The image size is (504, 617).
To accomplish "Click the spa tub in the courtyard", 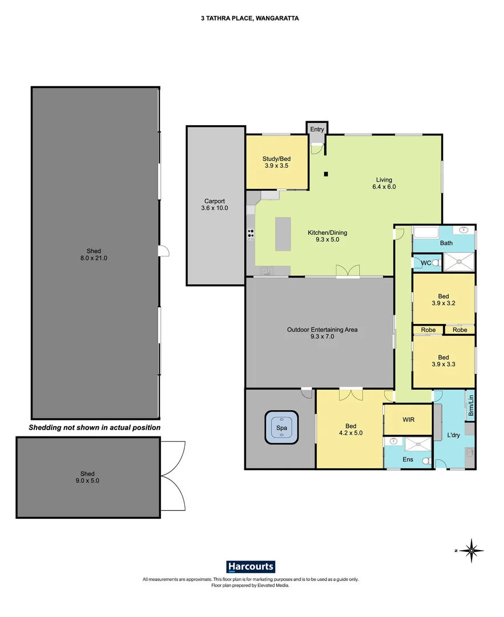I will tap(281, 427).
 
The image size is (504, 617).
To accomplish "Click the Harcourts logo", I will tap(251, 567).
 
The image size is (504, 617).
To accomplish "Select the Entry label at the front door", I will tap(317, 130).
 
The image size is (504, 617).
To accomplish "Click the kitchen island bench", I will tap(284, 234).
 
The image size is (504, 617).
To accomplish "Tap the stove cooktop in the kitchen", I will tap(251, 234).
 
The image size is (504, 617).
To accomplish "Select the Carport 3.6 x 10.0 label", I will tap(215, 205).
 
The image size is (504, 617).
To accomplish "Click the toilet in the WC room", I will tap(436, 263).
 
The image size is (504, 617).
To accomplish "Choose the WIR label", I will tap(409, 419).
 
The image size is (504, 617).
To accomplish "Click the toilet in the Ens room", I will tap(425, 461).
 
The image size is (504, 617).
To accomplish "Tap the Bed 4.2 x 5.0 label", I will tap(351, 429).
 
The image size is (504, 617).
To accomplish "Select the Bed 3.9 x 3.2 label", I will tap(443, 299).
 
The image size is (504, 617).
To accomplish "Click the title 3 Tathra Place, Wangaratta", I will tap(250, 18).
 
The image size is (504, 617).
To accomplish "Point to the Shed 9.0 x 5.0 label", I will tap(87, 477).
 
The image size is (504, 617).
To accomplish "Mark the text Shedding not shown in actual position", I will tap(95, 427).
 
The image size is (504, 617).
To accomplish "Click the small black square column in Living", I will tap(325, 174).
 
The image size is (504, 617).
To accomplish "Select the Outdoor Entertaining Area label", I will tap(322, 332).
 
